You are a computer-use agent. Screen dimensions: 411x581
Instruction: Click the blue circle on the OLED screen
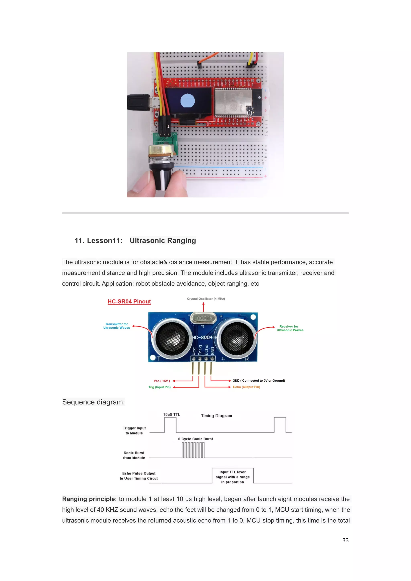187,101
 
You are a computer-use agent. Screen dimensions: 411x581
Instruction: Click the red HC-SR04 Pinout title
129,301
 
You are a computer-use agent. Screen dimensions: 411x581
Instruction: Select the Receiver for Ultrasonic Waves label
290,328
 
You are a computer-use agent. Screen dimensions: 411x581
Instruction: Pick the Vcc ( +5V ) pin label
162,381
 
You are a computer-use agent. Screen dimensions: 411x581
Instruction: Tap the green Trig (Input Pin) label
159,387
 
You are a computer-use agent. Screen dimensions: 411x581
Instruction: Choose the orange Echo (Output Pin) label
246,387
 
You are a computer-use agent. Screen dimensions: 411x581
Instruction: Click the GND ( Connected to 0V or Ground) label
259,381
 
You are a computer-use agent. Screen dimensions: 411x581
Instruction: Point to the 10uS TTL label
171,414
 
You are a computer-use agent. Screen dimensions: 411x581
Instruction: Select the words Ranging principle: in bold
89,499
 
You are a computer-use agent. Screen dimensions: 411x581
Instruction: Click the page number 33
345,540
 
